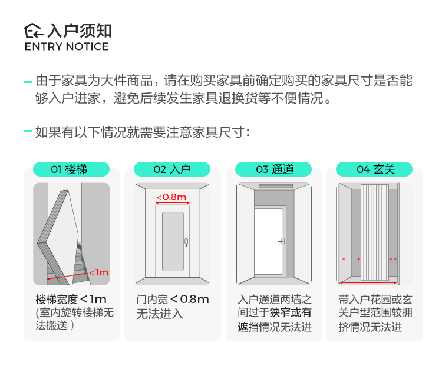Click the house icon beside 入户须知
[34, 31]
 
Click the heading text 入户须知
[80, 31]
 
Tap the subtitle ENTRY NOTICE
[67, 46]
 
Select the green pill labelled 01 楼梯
[71, 169]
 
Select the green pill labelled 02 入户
[172, 169]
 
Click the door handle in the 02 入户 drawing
[186, 241]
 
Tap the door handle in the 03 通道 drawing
[282, 241]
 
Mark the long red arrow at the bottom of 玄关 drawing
[368, 282]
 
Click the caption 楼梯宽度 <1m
[71, 299]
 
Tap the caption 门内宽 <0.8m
[172, 299]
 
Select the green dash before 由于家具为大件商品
[28, 81]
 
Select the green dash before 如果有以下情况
[28, 131]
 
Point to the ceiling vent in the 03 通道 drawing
[273, 187]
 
